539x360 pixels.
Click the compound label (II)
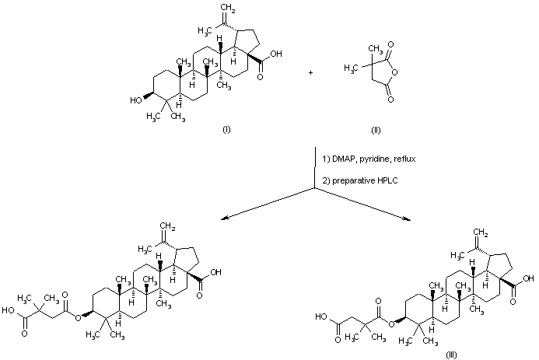click(376, 128)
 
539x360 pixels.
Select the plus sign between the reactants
click(311, 72)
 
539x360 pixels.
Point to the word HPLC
click(383, 180)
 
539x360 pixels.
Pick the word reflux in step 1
click(404, 159)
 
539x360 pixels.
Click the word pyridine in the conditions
click(374, 159)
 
